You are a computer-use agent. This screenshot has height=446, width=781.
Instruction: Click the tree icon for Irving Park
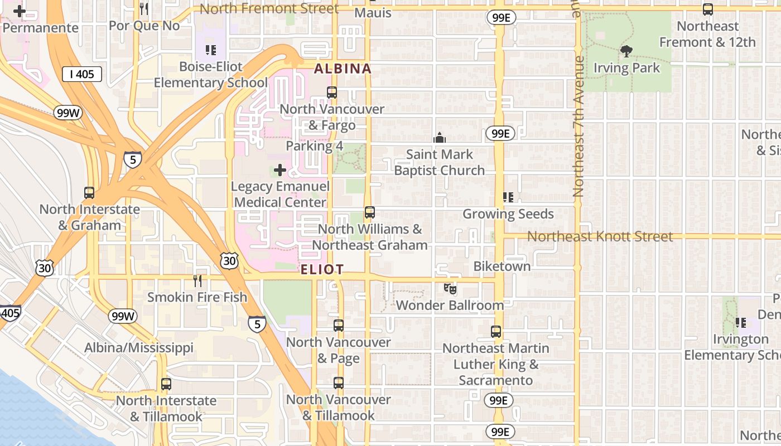[x=626, y=52]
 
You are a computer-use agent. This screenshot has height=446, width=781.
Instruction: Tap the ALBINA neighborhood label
[x=343, y=69]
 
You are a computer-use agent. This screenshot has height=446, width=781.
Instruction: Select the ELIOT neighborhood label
[x=322, y=270]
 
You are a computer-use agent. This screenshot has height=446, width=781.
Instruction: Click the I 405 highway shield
[x=82, y=74]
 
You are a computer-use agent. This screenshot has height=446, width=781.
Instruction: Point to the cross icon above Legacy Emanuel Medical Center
[x=280, y=170]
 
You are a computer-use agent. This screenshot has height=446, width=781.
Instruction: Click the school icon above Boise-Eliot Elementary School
[x=210, y=50]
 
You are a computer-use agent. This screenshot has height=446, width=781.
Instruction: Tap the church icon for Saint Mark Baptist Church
[x=440, y=138]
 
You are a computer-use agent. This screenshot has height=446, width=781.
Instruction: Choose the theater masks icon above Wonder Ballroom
[x=450, y=289]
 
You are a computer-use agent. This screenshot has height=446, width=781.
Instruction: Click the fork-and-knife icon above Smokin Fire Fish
[x=197, y=280]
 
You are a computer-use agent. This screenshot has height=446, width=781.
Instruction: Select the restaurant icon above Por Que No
[x=144, y=8]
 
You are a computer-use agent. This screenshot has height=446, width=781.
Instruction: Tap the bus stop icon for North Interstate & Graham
[x=89, y=193]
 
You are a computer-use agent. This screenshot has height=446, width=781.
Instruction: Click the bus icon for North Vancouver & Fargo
[x=332, y=93]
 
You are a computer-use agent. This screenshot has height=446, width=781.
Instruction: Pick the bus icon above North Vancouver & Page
[x=339, y=326]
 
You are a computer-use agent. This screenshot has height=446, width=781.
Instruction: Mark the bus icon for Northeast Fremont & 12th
[x=707, y=9]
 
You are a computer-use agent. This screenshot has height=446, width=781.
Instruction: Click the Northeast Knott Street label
[x=600, y=236]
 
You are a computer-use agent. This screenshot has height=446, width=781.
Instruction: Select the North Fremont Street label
[x=269, y=9]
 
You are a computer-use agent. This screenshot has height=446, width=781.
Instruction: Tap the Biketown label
[x=502, y=266]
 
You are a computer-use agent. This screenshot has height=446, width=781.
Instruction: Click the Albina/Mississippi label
[x=139, y=348]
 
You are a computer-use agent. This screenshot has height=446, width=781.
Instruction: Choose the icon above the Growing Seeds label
[x=508, y=197]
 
